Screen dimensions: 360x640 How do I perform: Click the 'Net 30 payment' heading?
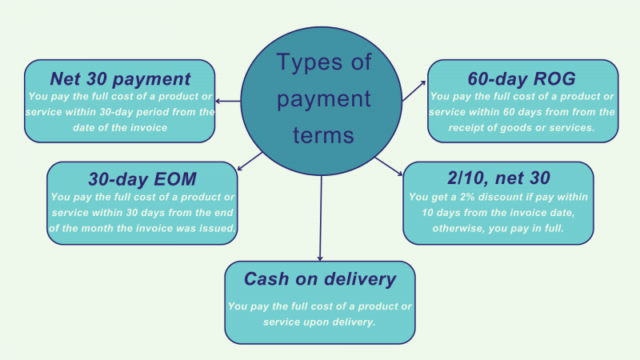[x=120, y=78]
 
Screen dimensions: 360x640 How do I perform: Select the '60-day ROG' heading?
[x=522, y=78]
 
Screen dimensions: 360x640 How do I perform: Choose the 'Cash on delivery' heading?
[x=320, y=279]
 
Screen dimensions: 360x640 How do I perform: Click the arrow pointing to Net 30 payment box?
[x=229, y=101]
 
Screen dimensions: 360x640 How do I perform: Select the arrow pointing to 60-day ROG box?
[x=413, y=90]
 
